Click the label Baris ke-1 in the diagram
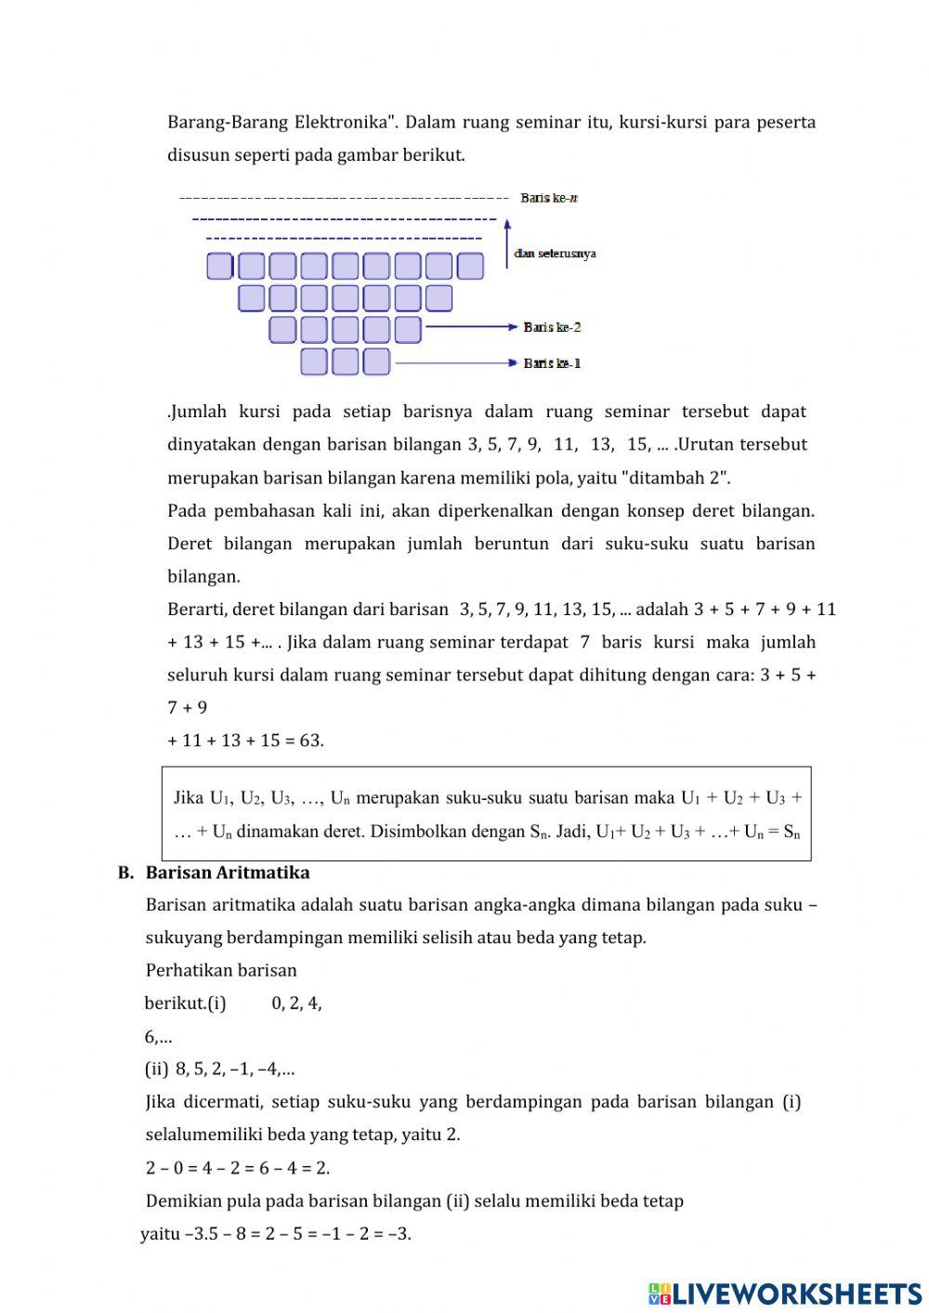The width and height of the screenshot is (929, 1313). (x=552, y=362)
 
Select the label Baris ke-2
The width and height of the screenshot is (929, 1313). (x=552, y=327)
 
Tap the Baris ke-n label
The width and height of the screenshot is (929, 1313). (x=549, y=198)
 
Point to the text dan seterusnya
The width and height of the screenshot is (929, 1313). (x=555, y=253)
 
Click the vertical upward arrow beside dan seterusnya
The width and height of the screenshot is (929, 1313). (x=506, y=243)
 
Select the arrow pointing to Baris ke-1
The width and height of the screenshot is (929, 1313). (x=455, y=362)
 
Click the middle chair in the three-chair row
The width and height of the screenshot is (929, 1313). (x=345, y=361)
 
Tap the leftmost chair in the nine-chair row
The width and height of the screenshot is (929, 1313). (x=219, y=267)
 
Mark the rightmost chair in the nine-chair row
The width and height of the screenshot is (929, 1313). (x=470, y=267)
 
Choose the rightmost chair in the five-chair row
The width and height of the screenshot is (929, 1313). (x=408, y=330)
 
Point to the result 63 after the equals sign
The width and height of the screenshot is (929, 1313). (x=310, y=741)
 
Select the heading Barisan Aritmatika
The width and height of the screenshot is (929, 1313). (x=228, y=873)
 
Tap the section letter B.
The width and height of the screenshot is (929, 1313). (x=125, y=873)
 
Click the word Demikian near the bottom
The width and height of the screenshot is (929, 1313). (x=181, y=1201)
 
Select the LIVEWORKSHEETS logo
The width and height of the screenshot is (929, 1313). (x=784, y=1293)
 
